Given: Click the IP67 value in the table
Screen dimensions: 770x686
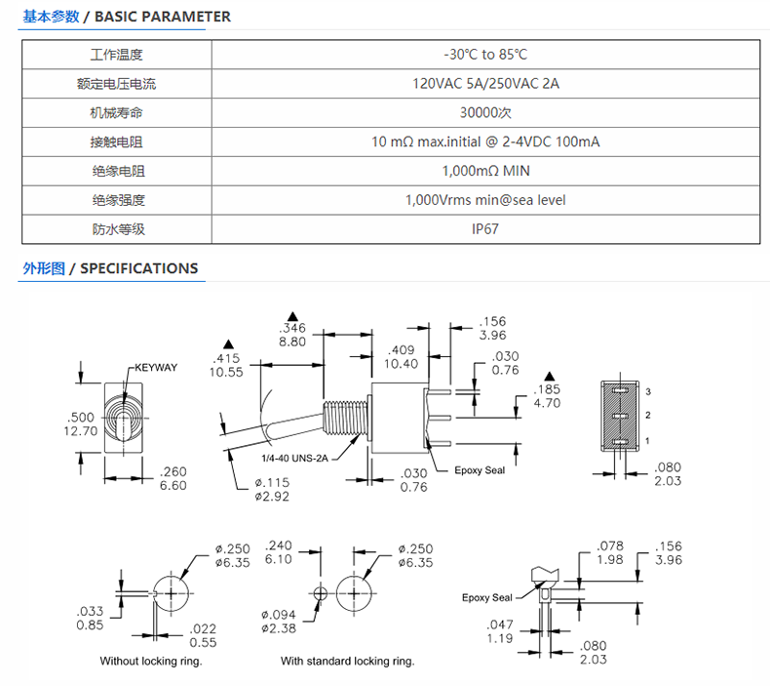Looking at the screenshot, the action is coord(485,229).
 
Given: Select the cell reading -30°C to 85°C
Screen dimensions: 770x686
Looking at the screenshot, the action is coord(485,55).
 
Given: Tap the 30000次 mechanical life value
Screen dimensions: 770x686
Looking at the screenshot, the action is coord(485,112).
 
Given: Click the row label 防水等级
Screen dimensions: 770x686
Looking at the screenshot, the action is coord(118,229).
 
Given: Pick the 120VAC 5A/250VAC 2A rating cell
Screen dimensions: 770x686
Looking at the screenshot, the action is coord(485,84).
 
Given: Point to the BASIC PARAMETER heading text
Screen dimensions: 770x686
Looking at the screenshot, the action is coord(162,17).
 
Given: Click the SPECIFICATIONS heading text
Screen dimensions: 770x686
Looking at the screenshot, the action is coord(139,268).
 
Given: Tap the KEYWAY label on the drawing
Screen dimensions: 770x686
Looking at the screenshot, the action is coord(156,367).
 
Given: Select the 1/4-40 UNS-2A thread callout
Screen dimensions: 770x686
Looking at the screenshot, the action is coord(294,459).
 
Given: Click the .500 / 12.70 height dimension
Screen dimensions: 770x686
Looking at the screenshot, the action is coord(81,424).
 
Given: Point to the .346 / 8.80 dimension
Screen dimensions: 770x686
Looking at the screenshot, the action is coord(292,335).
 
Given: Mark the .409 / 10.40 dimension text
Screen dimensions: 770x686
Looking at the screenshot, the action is coord(402,357).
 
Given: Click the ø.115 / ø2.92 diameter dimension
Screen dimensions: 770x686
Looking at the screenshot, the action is coord(272,489).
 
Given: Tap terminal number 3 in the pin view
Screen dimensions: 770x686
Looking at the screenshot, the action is coord(648,391).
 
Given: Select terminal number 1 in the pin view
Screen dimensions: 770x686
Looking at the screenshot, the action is coord(648,441).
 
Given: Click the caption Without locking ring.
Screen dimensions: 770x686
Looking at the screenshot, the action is coord(151,661).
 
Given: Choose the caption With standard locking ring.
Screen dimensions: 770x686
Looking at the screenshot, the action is coord(348,661).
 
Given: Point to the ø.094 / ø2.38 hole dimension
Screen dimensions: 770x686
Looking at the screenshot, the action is coord(279,622).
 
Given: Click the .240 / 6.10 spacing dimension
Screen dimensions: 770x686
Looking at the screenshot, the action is coord(279,552).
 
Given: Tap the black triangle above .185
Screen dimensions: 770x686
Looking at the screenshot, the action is coord(550,377).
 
